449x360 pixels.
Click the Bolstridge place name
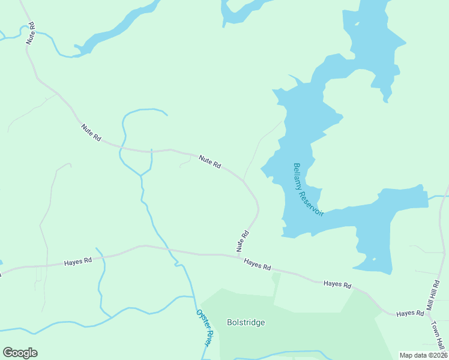point(246,322)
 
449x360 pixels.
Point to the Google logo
point(20,353)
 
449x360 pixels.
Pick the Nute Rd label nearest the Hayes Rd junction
point(243,241)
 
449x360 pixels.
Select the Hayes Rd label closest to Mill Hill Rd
point(411,313)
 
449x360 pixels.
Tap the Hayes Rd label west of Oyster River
point(78,262)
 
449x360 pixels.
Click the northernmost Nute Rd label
point(31,34)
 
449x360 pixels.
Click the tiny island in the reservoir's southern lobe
point(373,259)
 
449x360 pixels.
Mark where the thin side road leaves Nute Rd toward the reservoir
point(244,179)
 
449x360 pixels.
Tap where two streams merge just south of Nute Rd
point(142,175)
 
